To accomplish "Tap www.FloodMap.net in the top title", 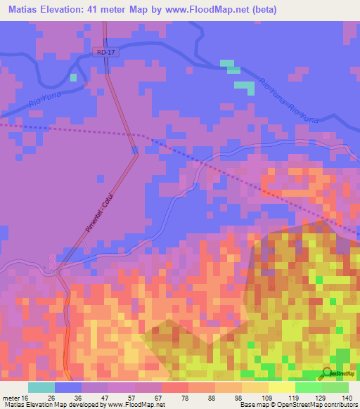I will point(210,10).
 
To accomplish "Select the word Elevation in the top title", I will point(64,10).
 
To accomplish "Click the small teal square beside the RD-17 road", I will point(73,77).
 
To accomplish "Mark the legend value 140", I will point(347,398).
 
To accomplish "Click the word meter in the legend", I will point(9,398).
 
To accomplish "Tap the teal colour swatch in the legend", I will point(41,387).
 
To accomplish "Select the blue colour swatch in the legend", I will point(68,387).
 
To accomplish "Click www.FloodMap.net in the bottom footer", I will point(133,405).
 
